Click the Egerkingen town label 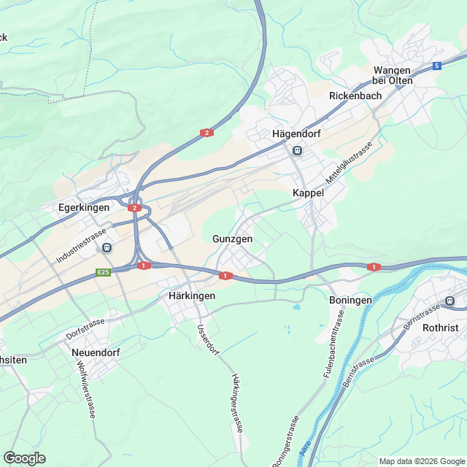click(x=83, y=208)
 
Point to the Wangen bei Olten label click(x=392, y=74)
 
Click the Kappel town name click(x=308, y=193)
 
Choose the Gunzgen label click(x=232, y=239)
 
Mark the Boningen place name click(x=350, y=300)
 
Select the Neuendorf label click(x=96, y=352)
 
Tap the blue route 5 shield click(x=436, y=66)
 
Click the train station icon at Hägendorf click(x=297, y=150)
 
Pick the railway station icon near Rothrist click(x=450, y=301)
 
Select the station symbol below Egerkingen click(x=107, y=247)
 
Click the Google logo click(x=24, y=458)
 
